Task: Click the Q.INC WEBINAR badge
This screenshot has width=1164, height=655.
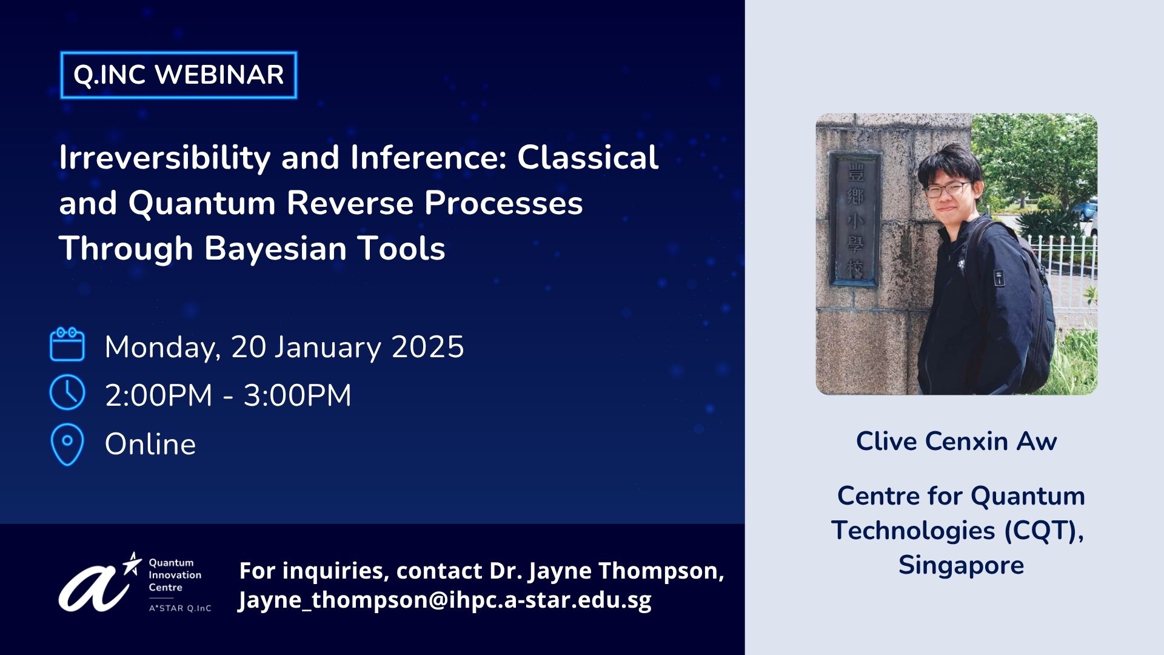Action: (x=179, y=75)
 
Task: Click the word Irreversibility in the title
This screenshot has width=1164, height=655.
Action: (x=164, y=158)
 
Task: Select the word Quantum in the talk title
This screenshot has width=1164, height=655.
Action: (x=202, y=203)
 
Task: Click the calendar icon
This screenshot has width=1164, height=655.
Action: (x=67, y=344)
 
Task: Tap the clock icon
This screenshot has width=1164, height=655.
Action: (x=67, y=392)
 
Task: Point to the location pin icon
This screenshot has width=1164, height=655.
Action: (x=67, y=445)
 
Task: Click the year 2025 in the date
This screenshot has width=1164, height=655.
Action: (x=428, y=347)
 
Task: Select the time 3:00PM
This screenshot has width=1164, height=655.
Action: (x=297, y=395)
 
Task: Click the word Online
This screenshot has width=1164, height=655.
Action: (x=150, y=444)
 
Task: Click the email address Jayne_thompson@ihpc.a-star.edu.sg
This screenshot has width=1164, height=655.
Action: (x=445, y=600)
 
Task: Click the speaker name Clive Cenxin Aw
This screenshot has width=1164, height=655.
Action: (x=956, y=441)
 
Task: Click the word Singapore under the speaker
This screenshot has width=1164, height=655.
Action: (x=961, y=565)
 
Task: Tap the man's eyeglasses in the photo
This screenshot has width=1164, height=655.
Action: (x=947, y=189)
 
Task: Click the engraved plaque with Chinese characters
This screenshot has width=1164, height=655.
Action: (x=855, y=220)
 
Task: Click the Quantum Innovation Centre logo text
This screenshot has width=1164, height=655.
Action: (x=175, y=575)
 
